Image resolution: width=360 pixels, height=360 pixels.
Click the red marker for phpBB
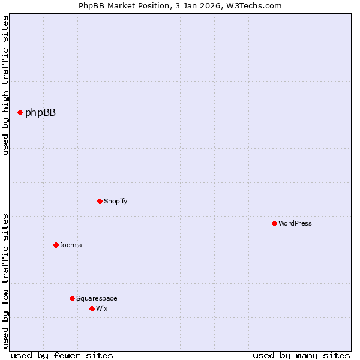[20, 112]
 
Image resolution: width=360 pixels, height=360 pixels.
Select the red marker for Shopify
[100, 201]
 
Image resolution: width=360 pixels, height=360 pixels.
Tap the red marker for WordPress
[274, 223]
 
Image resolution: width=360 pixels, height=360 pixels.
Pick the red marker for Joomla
[56, 245]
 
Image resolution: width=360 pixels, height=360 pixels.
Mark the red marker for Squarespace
[72, 298]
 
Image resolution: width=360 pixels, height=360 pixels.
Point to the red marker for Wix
[92, 308]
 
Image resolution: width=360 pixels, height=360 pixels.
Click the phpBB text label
[40, 112]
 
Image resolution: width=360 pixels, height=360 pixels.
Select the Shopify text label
[115, 201]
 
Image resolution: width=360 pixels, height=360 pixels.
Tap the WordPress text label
[295, 223]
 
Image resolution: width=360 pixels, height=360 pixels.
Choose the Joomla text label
[71, 245]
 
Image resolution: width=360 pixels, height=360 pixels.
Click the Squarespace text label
[97, 298]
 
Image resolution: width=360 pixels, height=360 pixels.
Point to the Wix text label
[101, 308]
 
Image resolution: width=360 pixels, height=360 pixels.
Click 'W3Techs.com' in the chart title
[257, 6]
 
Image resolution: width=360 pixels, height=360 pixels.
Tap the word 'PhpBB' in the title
[90, 6]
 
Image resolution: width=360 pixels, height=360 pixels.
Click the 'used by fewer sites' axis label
[62, 355]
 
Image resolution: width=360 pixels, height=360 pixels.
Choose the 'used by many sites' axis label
[301, 355]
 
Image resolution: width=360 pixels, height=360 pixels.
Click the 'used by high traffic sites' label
[6, 85]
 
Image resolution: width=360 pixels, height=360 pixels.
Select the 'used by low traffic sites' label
[6, 281]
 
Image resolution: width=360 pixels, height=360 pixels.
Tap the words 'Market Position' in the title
[137, 6]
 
